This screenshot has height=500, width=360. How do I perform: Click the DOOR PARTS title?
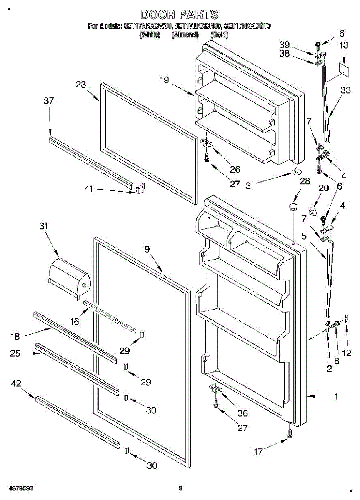pyautogui.click(x=179, y=15)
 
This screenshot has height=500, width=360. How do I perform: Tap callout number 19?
pyautogui.click(x=165, y=80)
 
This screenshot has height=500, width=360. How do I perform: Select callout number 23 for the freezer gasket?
pyautogui.click(x=81, y=84)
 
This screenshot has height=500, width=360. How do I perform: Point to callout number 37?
pyautogui.click(x=49, y=101)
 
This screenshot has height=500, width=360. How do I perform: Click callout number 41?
pyautogui.click(x=89, y=189)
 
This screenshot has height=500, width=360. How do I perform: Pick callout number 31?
pyautogui.click(x=43, y=226)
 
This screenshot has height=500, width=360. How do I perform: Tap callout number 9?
pyautogui.click(x=147, y=250)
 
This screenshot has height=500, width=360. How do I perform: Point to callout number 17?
pyautogui.click(x=258, y=452)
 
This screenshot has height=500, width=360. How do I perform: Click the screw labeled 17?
pyautogui.click(x=290, y=434)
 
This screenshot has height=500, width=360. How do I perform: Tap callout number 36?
pyautogui.click(x=242, y=413)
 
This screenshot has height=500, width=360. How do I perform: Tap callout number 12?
pyautogui.click(x=346, y=353)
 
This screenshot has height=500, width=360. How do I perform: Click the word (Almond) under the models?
pyautogui.click(x=185, y=35)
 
